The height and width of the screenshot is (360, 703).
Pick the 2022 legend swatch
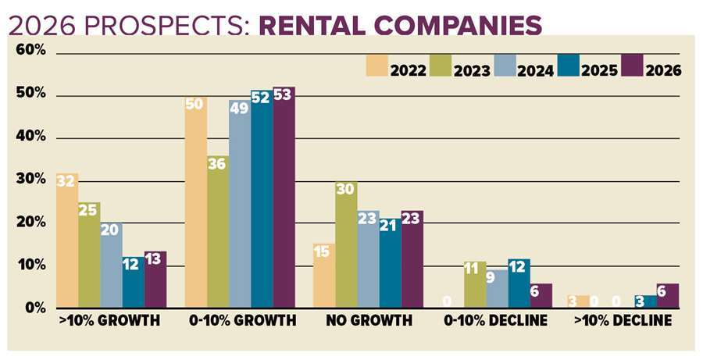coord(379,66)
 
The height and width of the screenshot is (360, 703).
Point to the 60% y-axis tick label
coord(31,52)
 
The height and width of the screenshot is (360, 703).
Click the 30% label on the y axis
coord(31,180)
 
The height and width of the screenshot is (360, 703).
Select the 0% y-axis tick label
coord(34,308)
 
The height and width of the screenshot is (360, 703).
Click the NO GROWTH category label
coord(369,321)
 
